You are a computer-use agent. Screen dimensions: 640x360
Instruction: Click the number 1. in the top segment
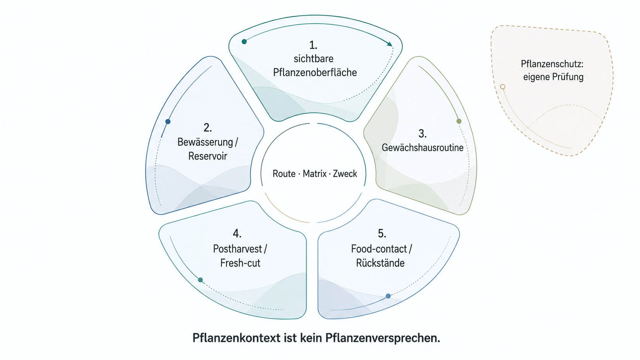(313, 45)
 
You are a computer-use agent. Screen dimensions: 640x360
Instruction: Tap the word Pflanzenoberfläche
(315, 73)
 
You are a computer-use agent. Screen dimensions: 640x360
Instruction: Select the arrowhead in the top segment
(389, 44)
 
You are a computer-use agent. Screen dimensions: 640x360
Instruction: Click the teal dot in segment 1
(244, 42)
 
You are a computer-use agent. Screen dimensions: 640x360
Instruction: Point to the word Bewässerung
(205, 142)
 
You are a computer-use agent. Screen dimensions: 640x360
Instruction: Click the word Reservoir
(208, 156)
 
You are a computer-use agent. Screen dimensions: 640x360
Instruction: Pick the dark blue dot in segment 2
(168, 122)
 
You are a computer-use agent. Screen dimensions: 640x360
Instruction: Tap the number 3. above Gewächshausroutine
(423, 134)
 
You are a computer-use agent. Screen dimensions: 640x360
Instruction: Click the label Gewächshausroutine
(423, 148)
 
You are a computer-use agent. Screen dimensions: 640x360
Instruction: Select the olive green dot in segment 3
(459, 121)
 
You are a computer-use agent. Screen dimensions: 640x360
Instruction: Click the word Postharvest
(237, 249)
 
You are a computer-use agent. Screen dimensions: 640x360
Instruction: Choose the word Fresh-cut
(240, 263)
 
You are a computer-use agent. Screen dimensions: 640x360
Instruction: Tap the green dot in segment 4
(200, 280)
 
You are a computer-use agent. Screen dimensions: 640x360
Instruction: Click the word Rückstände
(380, 263)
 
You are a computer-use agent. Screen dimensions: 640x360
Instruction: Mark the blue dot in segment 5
(388, 296)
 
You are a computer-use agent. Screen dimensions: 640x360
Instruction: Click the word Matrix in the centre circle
(315, 174)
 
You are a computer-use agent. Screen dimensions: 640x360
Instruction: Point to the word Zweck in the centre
(345, 174)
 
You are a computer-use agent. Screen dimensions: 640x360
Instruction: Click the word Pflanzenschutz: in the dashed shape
(552, 64)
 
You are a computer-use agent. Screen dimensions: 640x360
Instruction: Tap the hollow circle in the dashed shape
(503, 86)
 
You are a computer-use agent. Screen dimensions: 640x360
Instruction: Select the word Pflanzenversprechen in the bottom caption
(382, 338)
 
